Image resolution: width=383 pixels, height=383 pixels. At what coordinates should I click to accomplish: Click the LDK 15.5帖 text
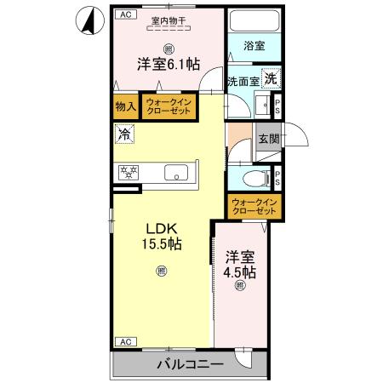click(160, 235)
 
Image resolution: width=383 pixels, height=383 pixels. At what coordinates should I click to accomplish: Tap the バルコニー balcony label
click(190, 364)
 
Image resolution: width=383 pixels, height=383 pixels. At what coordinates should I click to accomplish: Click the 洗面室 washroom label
click(242, 82)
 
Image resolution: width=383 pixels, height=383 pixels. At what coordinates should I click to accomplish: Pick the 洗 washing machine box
click(269, 78)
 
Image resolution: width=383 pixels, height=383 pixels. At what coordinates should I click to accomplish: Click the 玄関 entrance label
click(269, 138)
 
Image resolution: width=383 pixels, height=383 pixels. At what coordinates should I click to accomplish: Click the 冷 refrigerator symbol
click(124, 134)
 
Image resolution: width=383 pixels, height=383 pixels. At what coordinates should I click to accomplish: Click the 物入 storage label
click(126, 107)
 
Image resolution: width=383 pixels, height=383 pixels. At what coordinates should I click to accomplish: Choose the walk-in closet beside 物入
click(171, 107)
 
